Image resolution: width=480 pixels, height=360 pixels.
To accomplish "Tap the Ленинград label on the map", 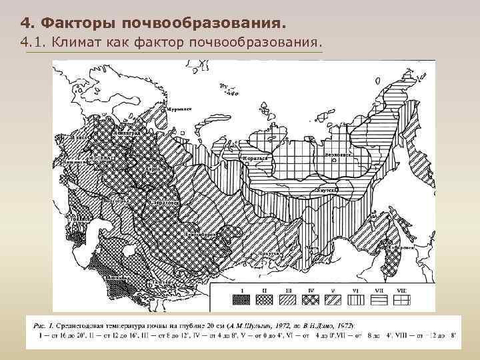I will [x=127, y=133].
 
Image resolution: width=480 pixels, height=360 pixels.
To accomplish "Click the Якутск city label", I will [x=329, y=190].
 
